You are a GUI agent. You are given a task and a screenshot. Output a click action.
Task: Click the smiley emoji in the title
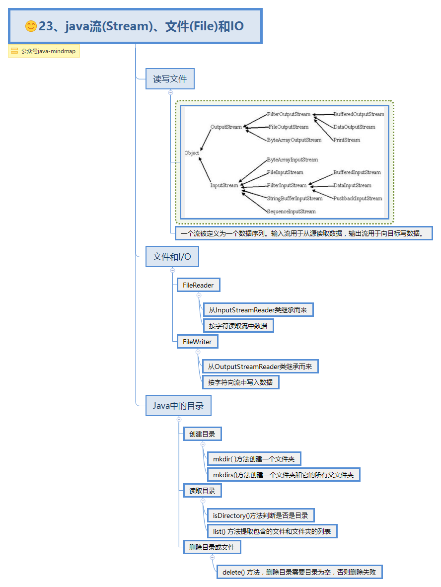coord(31,26)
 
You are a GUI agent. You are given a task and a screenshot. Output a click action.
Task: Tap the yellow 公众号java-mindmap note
coord(44,51)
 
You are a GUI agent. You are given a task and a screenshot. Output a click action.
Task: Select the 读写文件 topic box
coord(169,79)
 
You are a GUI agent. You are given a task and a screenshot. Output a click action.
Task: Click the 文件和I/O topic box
coord(172,257)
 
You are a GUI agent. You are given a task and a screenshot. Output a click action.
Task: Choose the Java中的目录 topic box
coord(178,406)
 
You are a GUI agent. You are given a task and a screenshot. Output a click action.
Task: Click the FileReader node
coord(198,285)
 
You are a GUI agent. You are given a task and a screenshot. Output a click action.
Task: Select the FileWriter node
coord(197,342)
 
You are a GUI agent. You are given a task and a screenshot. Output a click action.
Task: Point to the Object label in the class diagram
coord(192,153)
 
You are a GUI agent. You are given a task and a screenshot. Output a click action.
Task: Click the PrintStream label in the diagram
coord(347,140)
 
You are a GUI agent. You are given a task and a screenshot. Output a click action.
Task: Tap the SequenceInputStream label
coord(291,212)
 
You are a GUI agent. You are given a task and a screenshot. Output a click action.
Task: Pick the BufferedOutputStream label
coord(359,114)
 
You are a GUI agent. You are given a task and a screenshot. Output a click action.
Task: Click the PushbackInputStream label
coord(358,199)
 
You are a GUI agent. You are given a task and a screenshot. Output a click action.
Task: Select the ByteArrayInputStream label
coord(292,160)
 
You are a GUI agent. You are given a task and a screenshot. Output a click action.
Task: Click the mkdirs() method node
coord(283,475)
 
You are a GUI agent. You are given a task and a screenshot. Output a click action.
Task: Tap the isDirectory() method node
coord(261,515)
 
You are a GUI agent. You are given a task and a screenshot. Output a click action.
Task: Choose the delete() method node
coord(299,572)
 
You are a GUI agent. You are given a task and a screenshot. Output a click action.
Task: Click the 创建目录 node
coord(202,434)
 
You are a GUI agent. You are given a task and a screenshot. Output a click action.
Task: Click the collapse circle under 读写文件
coord(170,92)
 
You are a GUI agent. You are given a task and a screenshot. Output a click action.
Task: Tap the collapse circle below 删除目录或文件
coord(212,557)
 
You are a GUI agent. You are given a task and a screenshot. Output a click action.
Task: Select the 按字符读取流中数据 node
coord(238,326)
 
